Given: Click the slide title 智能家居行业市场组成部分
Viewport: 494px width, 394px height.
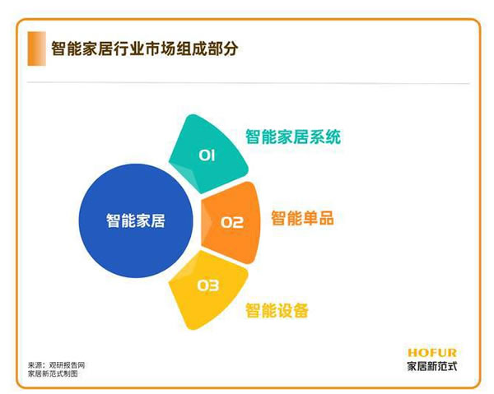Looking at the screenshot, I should (x=145, y=49).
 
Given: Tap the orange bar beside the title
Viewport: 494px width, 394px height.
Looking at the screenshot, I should (x=33, y=49).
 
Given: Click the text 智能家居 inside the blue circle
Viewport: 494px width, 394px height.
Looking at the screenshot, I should (x=135, y=220).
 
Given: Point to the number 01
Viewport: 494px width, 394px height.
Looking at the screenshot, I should (x=207, y=154).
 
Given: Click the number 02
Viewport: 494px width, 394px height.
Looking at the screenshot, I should (x=232, y=221).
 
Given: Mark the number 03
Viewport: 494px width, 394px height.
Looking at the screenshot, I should (x=207, y=285).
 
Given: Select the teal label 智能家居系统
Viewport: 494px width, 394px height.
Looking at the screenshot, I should (x=292, y=136).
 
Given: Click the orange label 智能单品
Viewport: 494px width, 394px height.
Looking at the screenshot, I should (x=302, y=219).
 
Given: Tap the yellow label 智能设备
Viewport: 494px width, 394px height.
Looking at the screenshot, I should (x=277, y=311).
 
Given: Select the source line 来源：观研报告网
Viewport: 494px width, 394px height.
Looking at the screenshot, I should (x=57, y=364).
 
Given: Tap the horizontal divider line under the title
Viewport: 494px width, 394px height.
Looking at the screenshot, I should (x=247, y=83).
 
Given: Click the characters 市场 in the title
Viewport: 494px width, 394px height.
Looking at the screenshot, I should (x=161, y=49).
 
